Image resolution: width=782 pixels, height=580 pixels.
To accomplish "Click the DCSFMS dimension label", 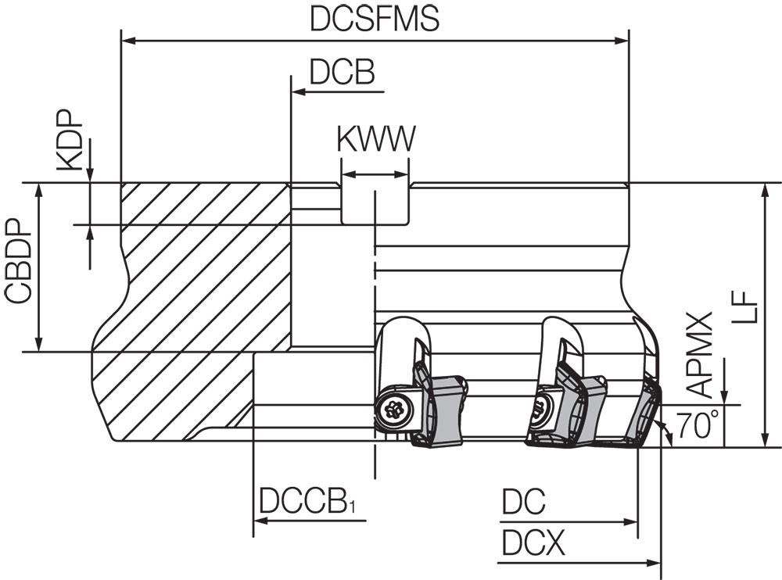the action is coord(375,19).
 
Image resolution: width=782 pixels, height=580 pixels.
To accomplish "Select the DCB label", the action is coord(343,72).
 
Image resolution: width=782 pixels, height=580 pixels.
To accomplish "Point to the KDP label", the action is coord(69,140).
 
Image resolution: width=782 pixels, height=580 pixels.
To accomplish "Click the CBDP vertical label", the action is coord(18,261).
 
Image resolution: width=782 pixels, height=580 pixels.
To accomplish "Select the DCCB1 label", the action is coord(307,501).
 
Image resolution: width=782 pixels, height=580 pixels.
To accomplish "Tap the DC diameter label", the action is coord(524,501).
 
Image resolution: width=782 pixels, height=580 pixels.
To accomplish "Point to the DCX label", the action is coord(533,542).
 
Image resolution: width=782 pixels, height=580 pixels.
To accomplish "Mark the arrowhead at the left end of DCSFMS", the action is coord(127,41).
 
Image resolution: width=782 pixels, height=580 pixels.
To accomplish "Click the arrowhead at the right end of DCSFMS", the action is coord(622,41).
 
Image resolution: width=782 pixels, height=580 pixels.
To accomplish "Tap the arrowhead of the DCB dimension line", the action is coord(298,91).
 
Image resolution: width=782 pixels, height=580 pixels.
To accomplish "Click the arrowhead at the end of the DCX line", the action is coord(655,564).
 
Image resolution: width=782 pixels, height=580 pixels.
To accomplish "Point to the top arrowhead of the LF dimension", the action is coord(763,189).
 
